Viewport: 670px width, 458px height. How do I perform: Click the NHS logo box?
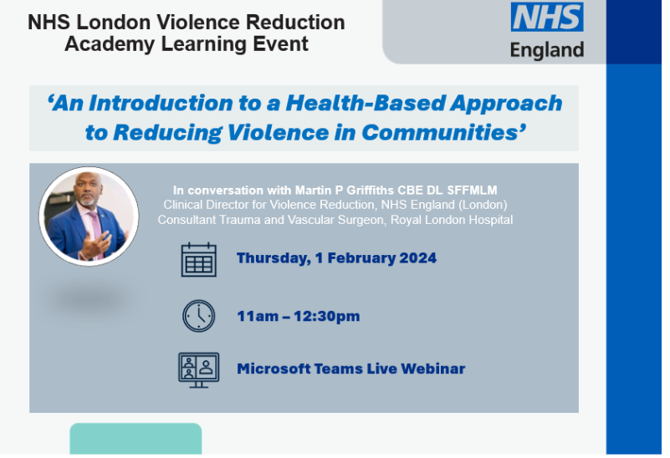tap(547, 18)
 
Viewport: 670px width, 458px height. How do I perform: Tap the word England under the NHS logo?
tap(547, 50)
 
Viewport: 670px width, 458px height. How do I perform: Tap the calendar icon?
tap(199, 259)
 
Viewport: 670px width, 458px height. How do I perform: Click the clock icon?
tap(199, 316)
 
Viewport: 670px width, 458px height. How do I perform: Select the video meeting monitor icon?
tap(199, 369)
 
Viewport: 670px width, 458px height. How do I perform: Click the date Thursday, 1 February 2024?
tap(336, 258)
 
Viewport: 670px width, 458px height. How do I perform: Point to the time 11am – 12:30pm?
tap(298, 316)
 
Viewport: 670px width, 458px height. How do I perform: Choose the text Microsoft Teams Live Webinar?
tap(350, 369)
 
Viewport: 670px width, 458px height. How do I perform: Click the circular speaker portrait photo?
tap(89, 216)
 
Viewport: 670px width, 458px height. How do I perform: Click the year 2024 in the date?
tap(417, 258)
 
